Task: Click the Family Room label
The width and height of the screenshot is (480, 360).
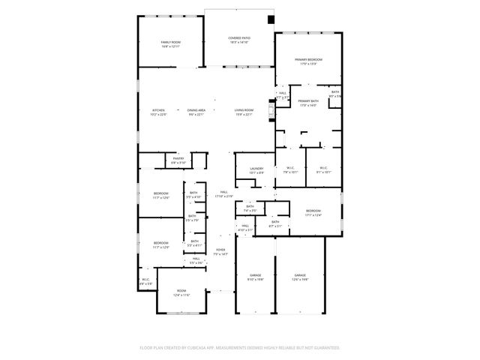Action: point(170,43)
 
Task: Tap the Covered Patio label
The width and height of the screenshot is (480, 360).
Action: point(239,40)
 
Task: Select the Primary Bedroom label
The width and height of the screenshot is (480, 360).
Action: point(308,61)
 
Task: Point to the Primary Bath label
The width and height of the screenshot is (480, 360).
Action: point(308,103)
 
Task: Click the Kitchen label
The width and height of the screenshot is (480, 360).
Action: point(158,112)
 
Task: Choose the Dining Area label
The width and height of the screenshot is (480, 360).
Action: point(196,112)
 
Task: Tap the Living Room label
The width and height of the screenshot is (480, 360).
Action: point(244,112)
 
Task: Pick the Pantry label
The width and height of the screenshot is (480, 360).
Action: point(178,160)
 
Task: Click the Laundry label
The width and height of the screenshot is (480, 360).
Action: point(256,170)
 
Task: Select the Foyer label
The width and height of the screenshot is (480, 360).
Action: point(220,252)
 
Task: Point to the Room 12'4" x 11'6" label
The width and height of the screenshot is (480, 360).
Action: point(181,292)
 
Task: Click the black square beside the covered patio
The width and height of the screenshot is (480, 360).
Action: point(271,19)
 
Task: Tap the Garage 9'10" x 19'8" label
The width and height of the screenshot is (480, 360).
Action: point(255,277)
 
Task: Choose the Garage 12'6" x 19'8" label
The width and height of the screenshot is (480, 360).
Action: point(300,277)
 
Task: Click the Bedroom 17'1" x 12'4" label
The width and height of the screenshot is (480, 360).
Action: point(313,213)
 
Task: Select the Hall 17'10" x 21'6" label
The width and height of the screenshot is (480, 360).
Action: point(223,194)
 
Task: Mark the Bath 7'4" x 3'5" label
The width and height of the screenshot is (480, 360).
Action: point(250,208)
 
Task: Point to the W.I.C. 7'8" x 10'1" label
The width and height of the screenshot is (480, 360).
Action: point(290,169)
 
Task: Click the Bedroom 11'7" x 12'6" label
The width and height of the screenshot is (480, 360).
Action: point(161,196)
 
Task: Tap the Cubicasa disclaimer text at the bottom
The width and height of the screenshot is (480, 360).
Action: point(239,348)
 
